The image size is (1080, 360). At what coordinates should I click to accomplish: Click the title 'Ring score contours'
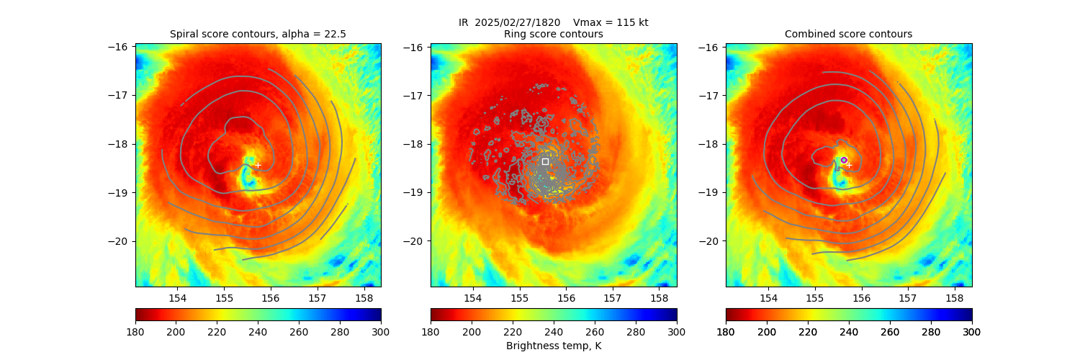point(553,34)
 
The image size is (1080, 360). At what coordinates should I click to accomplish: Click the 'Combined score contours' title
point(848,34)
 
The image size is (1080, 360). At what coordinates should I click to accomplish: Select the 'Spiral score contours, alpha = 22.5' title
point(258,34)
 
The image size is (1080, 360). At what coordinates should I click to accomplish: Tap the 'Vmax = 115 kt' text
point(611,22)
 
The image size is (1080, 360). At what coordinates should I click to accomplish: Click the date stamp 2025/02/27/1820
point(521,22)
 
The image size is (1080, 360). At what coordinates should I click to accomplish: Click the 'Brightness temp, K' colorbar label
point(553,346)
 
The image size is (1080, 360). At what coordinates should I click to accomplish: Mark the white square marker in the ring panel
point(545,161)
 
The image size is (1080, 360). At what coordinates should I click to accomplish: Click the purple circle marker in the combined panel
point(844,160)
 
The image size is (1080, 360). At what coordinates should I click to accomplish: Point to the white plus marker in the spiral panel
point(258,165)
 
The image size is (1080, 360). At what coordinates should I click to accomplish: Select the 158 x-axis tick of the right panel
point(954,297)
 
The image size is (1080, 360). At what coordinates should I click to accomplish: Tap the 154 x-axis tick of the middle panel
point(472,297)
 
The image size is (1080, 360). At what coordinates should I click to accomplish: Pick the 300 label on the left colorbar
point(381,331)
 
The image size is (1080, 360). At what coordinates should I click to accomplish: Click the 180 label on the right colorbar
point(726,331)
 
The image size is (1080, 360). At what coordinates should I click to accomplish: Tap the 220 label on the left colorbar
point(217,331)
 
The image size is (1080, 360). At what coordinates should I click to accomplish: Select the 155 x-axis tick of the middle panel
point(519,297)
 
